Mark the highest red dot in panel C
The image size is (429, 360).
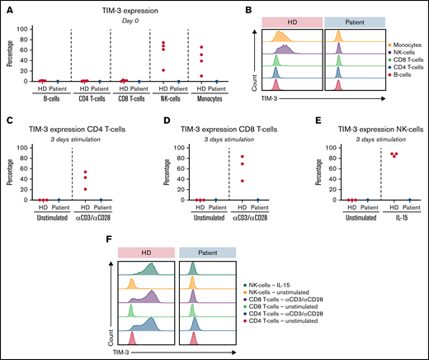[x=83, y=172]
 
